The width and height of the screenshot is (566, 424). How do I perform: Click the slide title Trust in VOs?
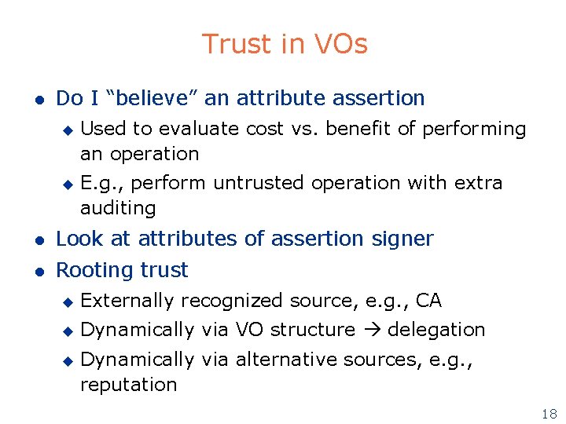pos(284,44)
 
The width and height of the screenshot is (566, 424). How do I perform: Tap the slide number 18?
pos(549,414)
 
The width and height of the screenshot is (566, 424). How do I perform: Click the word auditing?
pos(118,208)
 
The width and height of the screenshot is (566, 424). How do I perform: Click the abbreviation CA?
pos(428,301)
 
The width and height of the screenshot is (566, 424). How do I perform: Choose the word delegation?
pos(436,330)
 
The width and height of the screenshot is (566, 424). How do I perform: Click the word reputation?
pos(128,385)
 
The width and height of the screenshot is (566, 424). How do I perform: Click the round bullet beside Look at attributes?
pos(36,239)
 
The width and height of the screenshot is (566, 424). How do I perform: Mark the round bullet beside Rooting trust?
pos(36,271)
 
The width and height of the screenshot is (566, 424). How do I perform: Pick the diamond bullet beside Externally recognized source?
pos(68,302)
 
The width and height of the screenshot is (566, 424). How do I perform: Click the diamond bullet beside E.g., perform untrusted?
pos(68,184)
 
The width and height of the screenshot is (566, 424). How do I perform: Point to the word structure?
pos(312,330)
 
